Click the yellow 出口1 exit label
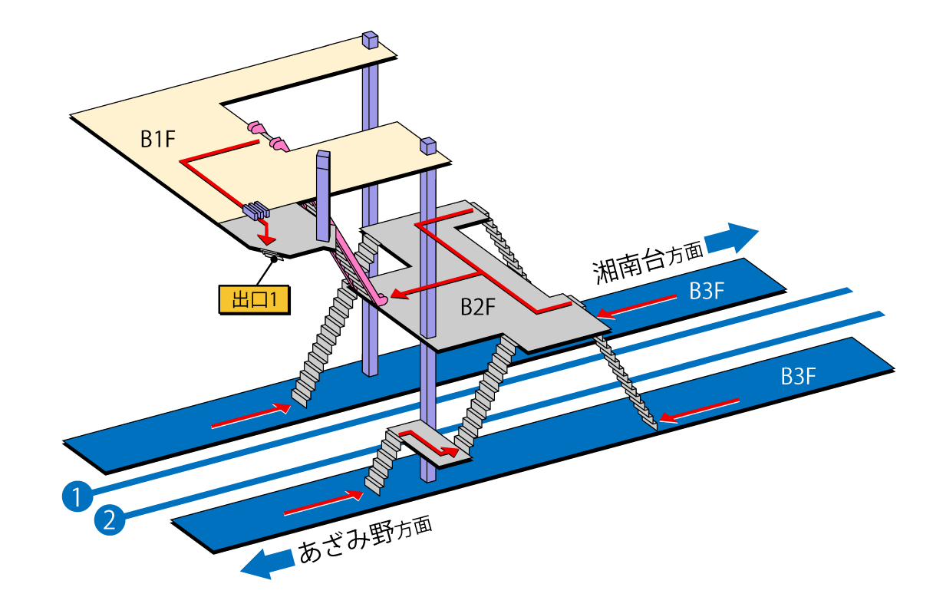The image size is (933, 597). (x=254, y=299)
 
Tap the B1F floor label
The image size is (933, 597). (x=159, y=139)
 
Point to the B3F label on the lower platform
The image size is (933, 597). (x=798, y=376)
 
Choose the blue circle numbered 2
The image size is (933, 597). (x=109, y=521)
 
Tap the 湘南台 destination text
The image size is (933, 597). (x=628, y=266)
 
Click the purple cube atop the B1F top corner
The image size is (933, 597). (x=371, y=39)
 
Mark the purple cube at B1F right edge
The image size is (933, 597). (x=427, y=145)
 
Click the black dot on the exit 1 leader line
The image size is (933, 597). (x=273, y=260)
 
